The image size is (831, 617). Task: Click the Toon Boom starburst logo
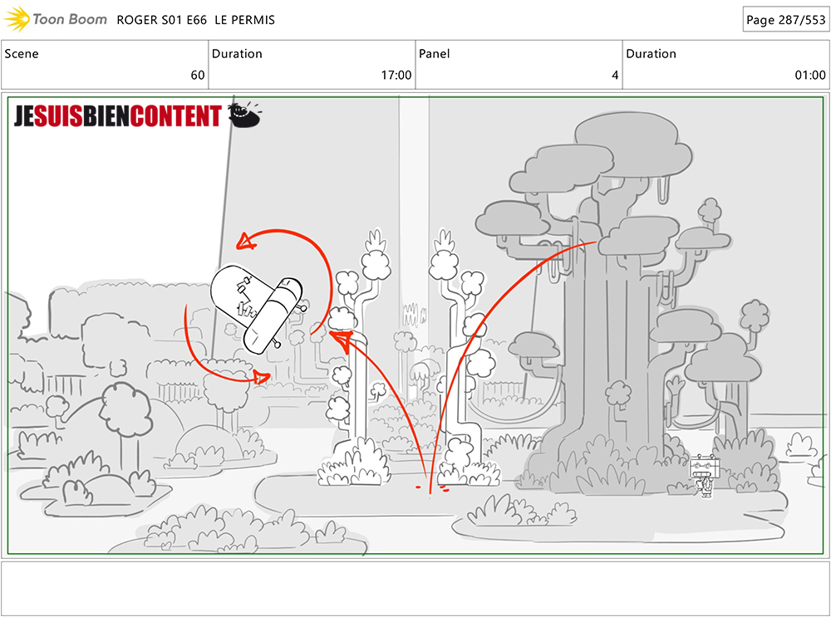point(17,19)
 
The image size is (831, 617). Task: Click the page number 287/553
point(802,20)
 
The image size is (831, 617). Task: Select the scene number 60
point(198,76)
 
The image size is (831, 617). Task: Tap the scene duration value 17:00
point(396,76)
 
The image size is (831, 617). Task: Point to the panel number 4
point(615,76)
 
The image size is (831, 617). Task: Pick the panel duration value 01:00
point(810,76)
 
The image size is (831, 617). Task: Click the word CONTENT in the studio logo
point(175,116)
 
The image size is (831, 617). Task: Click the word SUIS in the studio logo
point(58,116)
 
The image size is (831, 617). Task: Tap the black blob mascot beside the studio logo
point(244,115)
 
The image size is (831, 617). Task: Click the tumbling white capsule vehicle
point(257,308)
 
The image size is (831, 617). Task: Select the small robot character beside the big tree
point(704,476)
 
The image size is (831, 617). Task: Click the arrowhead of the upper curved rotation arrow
point(247,242)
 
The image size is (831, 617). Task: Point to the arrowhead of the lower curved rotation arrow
point(262,378)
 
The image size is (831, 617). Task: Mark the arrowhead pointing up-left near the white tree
point(342,340)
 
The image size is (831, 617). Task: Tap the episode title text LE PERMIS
point(245,20)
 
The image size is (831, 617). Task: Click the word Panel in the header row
point(434,53)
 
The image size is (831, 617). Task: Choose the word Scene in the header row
point(22,53)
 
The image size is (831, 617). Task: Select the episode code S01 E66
point(184,20)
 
